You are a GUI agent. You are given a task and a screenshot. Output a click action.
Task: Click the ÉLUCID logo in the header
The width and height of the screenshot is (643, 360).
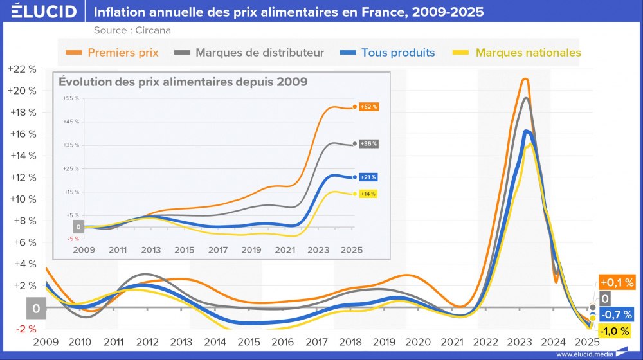pyautogui.click(x=40, y=12)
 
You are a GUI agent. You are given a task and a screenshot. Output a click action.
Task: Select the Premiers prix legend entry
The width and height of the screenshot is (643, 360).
pyautogui.click(x=123, y=53)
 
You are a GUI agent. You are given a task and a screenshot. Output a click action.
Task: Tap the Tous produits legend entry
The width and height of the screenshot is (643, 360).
pyautogui.click(x=397, y=53)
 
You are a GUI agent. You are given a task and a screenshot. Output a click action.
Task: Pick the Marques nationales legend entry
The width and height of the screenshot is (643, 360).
pyautogui.click(x=528, y=53)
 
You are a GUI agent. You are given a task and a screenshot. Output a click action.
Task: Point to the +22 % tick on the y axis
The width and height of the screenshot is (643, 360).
pyautogui.click(x=22, y=69)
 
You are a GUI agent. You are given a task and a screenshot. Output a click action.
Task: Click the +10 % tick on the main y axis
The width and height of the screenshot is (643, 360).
pyautogui.click(x=22, y=199)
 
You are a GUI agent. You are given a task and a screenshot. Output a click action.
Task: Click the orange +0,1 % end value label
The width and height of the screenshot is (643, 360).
pyautogui.click(x=617, y=282)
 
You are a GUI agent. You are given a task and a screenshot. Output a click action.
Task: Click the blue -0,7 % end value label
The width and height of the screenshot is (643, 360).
pyautogui.click(x=617, y=314)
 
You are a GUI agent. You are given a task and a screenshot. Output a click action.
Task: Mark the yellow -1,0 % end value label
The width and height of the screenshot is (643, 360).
pyautogui.click(x=617, y=330)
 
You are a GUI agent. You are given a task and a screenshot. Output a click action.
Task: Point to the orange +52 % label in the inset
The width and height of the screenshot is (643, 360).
pyautogui.click(x=368, y=107)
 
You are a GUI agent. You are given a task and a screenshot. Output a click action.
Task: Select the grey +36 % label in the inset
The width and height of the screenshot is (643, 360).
pyautogui.click(x=368, y=144)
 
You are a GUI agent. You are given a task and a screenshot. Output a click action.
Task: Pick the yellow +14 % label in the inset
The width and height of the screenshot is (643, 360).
pyautogui.click(x=368, y=194)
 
